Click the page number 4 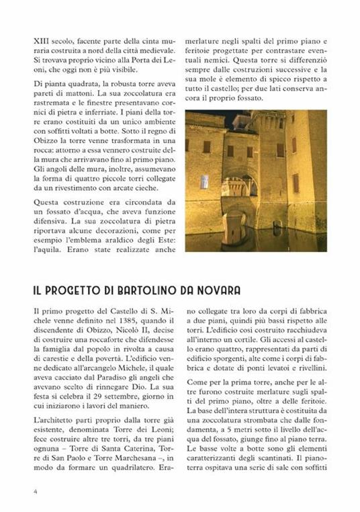[x=36, y=490]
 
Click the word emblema [x=87, y=238]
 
